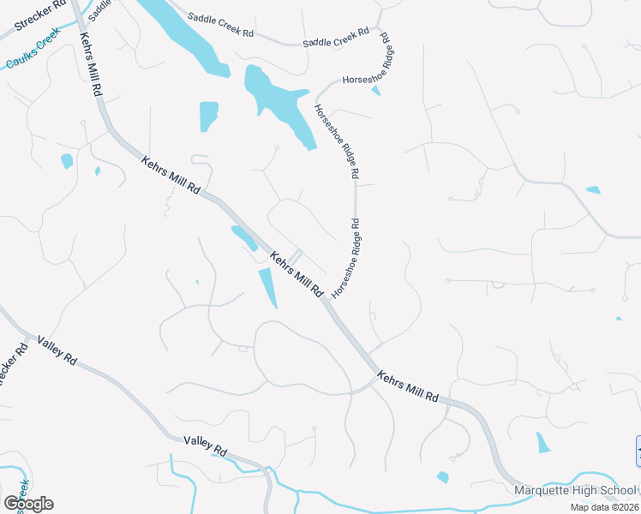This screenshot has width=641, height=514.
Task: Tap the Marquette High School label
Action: coord(575,491)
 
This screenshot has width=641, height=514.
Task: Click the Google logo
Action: coord(28,504)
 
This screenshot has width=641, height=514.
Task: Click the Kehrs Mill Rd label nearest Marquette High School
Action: coord(408,387)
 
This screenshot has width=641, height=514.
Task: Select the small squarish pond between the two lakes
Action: coord(208,116)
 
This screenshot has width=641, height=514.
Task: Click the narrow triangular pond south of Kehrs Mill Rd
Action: coord(268,288)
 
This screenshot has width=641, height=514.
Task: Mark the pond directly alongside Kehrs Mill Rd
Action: coord(244,237)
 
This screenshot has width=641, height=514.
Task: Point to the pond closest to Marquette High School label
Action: coord(543,443)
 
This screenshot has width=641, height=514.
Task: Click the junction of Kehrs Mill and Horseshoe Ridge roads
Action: coord(326,299)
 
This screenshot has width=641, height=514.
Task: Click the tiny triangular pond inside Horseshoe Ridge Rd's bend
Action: coord(375,90)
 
